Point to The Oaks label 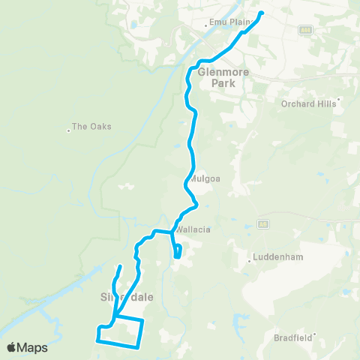pyautogui.click(x=91, y=126)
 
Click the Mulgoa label pyautogui.click(x=203, y=180)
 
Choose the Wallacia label pyautogui.click(x=190, y=230)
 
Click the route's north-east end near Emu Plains pyautogui.click(x=262, y=13)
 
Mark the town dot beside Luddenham pyautogui.click(x=250, y=261)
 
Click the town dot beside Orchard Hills pyautogui.click(x=339, y=99)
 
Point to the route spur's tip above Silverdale pyautogui.click(x=120, y=266)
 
